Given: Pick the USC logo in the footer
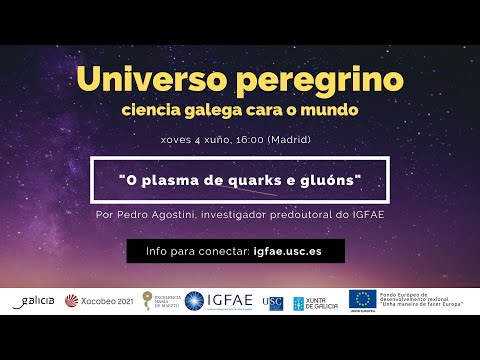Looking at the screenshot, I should coord(272,300).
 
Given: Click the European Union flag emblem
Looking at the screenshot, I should coord(361,298).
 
